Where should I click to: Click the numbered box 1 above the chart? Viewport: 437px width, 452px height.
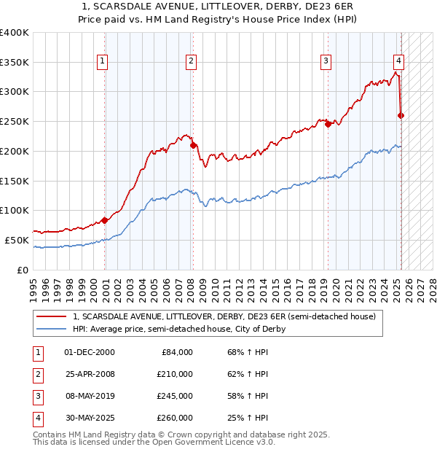click(102, 62)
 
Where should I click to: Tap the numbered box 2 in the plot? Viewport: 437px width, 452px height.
click(191, 62)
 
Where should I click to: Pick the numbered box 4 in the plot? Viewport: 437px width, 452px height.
click(399, 62)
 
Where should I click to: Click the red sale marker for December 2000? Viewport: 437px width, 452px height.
click(105, 220)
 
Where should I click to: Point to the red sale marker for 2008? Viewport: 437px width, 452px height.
click(194, 145)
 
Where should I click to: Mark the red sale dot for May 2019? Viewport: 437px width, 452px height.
click(328, 125)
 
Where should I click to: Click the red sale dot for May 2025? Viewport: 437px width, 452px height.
click(401, 115)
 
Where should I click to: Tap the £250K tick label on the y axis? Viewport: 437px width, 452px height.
click(15, 122)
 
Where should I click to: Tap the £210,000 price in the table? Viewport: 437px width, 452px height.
click(175, 374)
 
